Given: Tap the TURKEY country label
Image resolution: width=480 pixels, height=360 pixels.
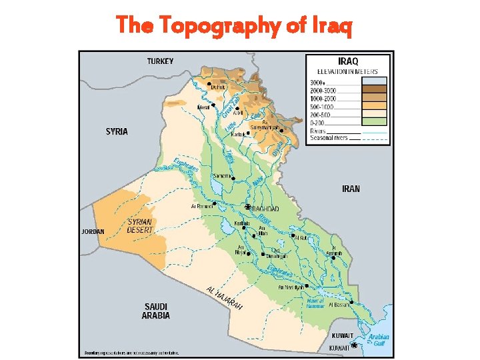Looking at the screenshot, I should point(160,61).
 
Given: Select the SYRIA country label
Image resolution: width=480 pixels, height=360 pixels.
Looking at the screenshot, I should point(117,131).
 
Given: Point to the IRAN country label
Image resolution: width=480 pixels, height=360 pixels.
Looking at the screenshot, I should point(351,189).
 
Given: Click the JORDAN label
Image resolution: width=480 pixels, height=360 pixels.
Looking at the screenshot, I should point(93,232).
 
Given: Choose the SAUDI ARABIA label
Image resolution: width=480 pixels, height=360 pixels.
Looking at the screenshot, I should point(155,311).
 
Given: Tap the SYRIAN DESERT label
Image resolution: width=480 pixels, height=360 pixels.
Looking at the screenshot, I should point(140,225).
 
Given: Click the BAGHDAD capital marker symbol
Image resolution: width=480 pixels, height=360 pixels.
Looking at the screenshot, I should point(248,207).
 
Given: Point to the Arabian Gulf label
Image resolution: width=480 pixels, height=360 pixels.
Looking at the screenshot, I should point(379,340).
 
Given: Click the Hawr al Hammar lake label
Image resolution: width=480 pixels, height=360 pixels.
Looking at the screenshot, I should point(315,303).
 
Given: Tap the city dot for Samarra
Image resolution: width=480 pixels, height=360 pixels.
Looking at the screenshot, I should point(233,177).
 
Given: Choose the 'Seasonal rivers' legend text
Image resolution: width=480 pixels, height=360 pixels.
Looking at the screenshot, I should point(329,138).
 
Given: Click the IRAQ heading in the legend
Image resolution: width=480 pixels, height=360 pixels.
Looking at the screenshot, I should point(348,61).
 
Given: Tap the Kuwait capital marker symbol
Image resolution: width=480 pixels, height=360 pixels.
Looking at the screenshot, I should point(354,345).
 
